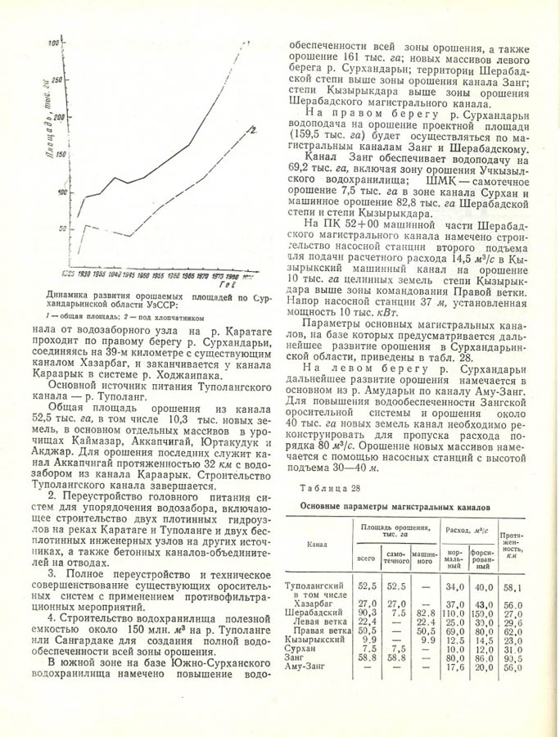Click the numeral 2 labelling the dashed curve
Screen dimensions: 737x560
(x=255, y=129)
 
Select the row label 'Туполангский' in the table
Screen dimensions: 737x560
(x=314, y=587)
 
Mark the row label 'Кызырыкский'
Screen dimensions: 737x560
(x=313, y=640)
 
